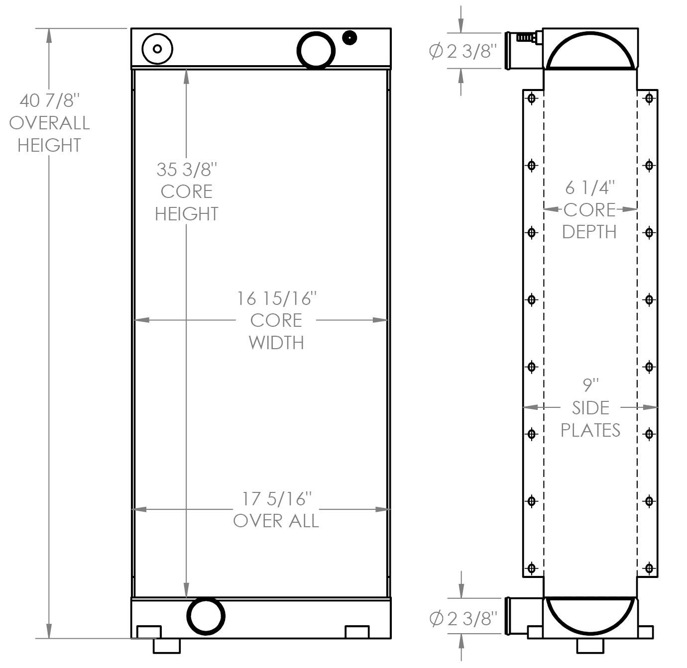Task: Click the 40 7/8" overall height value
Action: pyautogui.click(x=49, y=101)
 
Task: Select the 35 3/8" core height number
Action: pyautogui.click(x=187, y=170)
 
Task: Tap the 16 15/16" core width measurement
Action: pyautogui.click(x=276, y=298)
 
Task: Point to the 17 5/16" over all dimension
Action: pyautogui.click(x=276, y=498)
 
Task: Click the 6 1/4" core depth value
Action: pyautogui.click(x=590, y=188)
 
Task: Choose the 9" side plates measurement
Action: pyautogui.click(x=590, y=385)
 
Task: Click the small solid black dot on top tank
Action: pyautogui.click(x=350, y=37)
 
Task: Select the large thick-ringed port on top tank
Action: pyautogui.click(x=316, y=50)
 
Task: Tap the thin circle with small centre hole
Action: pyautogui.click(x=157, y=49)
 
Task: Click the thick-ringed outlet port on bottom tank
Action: pyautogui.click(x=206, y=616)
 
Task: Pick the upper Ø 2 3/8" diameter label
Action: pyautogui.click(x=462, y=51)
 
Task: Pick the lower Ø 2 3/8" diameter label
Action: pyautogui.click(x=462, y=618)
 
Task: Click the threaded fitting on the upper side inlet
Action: pyautogui.click(x=526, y=37)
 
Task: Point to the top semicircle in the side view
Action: pyautogui.click(x=590, y=51)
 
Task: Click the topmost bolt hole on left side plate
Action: pyautogui.click(x=532, y=98)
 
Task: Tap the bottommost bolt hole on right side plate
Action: pyautogui.click(x=649, y=568)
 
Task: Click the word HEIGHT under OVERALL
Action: pyautogui.click(x=49, y=145)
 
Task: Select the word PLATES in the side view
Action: pyautogui.click(x=590, y=430)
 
